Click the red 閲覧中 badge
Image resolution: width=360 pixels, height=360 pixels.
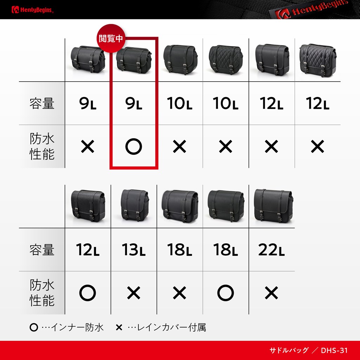(x=111, y=38)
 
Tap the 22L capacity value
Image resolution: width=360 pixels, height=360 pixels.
(x=271, y=250)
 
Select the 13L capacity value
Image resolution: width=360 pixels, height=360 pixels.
(x=134, y=250)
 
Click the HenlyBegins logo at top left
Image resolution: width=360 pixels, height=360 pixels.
(x=32, y=9)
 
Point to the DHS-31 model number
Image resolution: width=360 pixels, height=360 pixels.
(x=334, y=351)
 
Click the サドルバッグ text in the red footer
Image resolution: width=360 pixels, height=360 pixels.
(x=289, y=351)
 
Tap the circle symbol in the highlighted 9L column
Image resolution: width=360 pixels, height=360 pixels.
(x=134, y=147)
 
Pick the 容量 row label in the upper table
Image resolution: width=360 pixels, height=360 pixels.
(x=42, y=103)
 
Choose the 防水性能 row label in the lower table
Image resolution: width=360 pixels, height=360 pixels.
(x=42, y=293)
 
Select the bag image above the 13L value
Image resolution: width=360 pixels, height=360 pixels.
(x=135, y=205)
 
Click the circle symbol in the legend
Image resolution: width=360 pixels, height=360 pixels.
(x=34, y=327)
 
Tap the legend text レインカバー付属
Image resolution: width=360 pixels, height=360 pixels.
(x=171, y=327)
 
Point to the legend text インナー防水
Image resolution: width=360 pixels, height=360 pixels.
(x=77, y=327)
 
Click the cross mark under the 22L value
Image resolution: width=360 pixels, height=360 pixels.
(x=271, y=293)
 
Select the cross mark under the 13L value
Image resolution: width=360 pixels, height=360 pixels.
(x=134, y=293)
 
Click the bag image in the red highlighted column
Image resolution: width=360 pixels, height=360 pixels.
(x=134, y=60)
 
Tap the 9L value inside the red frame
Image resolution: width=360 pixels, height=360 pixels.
(x=134, y=103)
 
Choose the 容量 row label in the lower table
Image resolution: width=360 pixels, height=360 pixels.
(x=42, y=250)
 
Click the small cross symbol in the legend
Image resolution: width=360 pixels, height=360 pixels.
(x=119, y=327)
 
